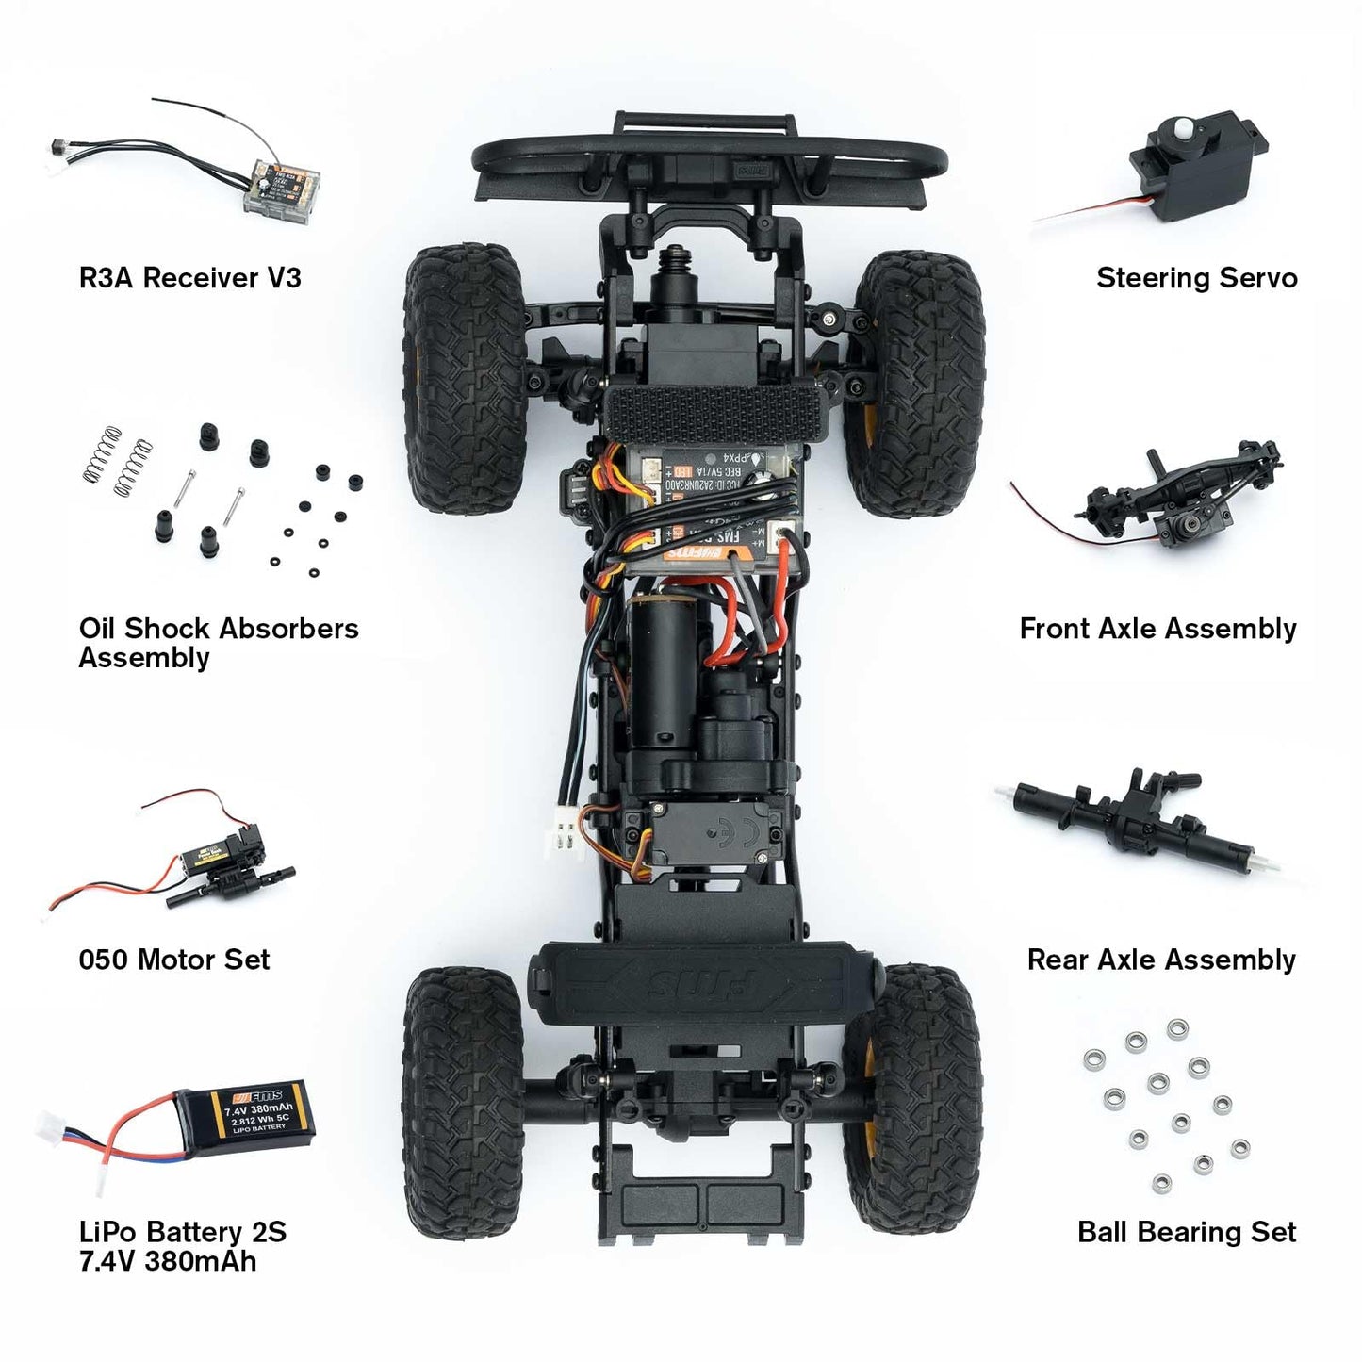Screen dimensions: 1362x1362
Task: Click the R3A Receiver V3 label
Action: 189,278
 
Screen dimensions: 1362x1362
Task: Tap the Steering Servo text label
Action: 1196,278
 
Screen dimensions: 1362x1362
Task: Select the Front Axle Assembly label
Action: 1157,629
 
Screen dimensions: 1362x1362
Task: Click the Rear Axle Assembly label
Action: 1161,960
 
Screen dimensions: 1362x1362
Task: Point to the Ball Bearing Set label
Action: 1187,1232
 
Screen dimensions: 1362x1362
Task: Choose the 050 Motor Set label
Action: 174,960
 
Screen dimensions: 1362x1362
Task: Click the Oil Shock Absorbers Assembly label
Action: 218,643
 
